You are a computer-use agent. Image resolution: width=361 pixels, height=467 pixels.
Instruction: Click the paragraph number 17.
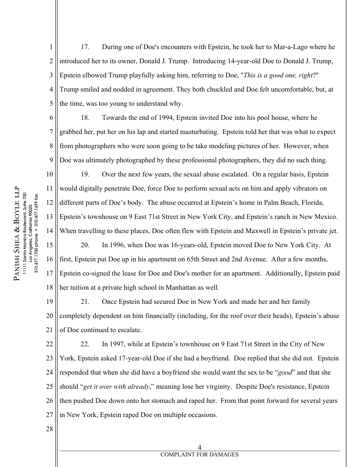pyautogui.click(x=85, y=47)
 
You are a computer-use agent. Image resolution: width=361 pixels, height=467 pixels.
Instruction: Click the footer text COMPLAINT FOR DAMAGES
pyautogui.click(x=200, y=455)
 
